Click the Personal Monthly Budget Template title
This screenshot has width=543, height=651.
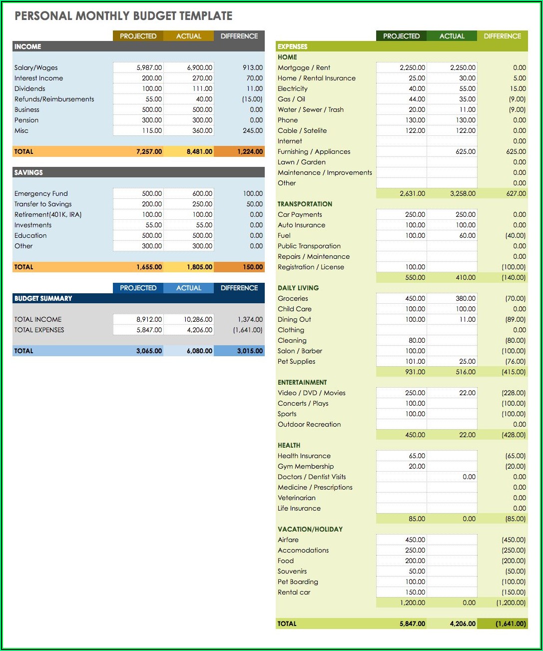coord(123,16)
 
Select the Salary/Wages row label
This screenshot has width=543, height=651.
coord(36,67)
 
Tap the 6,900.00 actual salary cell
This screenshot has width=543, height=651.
coord(199,67)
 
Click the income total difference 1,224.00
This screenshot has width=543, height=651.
coord(250,151)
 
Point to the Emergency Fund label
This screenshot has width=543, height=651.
coord(41,193)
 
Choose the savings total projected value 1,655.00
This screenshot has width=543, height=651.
coord(149,267)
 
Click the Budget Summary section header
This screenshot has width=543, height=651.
coord(43,298)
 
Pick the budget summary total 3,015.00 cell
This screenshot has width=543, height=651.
coord(250,351)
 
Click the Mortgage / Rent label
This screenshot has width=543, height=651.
coord(304,67)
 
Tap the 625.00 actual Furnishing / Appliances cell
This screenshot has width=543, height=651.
coord(465,151)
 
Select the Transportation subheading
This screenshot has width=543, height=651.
coord(305,204)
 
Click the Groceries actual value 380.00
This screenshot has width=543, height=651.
coord(465,298)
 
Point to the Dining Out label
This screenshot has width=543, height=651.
coord(294,319)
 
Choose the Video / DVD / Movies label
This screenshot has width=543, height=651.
coord(311,393)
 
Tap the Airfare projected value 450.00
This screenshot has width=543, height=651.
coord(415,540)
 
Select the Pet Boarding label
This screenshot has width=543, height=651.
coord(298,582)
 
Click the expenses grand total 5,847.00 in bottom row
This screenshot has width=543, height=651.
coord(412,624)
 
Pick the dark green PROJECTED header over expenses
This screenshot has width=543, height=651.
coord(401,36)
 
